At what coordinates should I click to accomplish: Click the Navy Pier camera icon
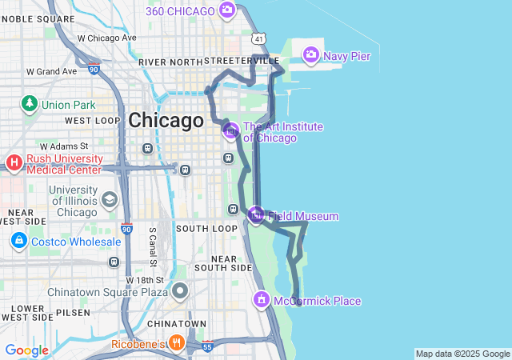coord(310,55)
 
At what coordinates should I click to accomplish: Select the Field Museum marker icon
coord(256,214)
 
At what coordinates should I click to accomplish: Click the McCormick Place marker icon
coord(261,300)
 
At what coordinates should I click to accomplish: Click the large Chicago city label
coord(166,121)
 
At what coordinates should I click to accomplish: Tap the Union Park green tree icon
coord(30,103)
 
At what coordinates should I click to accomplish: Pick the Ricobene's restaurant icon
coord(176,343)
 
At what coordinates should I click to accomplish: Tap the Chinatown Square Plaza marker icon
coord(180,291)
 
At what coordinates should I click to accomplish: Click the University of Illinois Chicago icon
coord(109,199)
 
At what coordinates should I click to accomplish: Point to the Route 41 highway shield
coord(256,38)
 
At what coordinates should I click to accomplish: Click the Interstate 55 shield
coord(207,346)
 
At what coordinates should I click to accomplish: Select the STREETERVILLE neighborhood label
coord(242,61)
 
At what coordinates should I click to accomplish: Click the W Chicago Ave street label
coord(107,38)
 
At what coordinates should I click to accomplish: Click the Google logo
coord(27,350)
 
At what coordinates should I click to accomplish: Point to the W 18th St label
coord(145,279)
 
